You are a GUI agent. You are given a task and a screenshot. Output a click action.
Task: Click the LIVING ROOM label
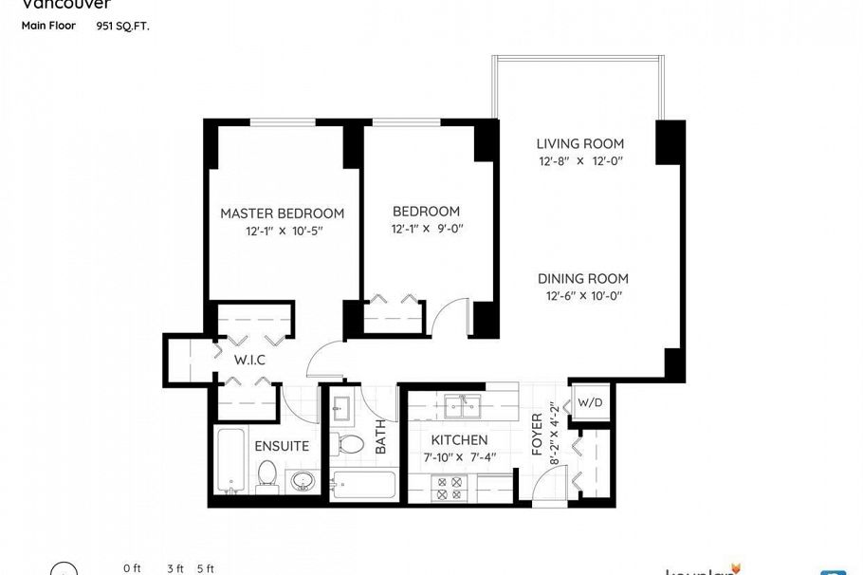[x=580, y=144]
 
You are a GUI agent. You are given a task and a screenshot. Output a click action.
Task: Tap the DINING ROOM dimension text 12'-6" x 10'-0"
[x=582, y=296]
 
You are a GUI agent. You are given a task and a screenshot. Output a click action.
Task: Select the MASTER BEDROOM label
[x=282, y=213]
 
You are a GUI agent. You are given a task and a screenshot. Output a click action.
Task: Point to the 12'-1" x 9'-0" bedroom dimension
[x=426, y=229]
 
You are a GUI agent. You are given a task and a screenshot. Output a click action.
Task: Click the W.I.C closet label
[x=249, y=361]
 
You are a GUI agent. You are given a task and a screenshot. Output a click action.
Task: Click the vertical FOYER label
[x=537, y=434]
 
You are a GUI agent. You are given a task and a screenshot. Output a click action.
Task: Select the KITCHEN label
[x=459, y=440]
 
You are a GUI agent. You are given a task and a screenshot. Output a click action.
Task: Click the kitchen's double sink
[x=462, y=406]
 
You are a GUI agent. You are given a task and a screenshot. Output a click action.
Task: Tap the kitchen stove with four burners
[x=447, y=488]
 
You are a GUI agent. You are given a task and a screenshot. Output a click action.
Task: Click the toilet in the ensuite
[x=266, y=475]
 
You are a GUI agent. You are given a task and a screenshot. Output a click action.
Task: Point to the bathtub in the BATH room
[x=362, y=484]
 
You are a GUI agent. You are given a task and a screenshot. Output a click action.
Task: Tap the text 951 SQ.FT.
[x=122, y=27]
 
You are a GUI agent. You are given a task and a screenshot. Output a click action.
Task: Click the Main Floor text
[x=48, y=26]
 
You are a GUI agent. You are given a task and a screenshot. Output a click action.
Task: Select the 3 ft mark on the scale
[x=175, y=568]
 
